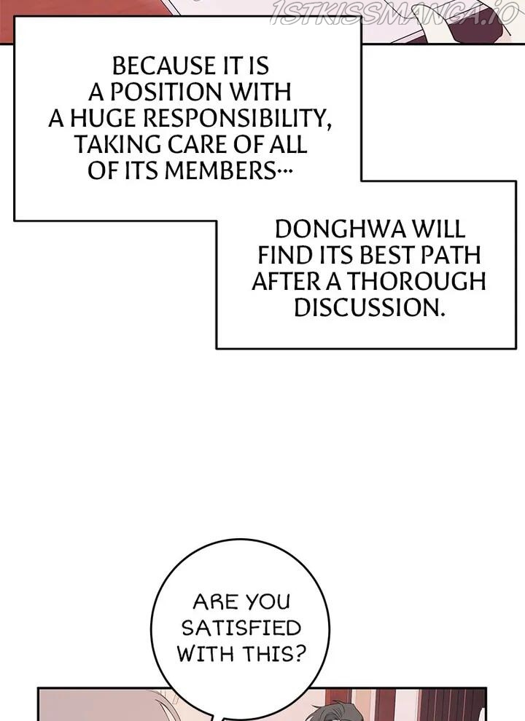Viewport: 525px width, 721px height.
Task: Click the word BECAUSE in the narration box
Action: tap(164, 66)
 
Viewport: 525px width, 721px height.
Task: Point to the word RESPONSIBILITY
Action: tap(237, 119)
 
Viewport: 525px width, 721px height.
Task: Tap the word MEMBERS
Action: tap(219, 171)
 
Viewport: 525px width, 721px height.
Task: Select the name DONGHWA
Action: tap(341, 229)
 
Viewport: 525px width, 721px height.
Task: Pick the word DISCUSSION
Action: tap(370, 308)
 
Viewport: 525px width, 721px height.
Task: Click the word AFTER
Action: tap(286, 282)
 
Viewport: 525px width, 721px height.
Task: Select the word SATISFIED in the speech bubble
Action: tap(241, 628)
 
